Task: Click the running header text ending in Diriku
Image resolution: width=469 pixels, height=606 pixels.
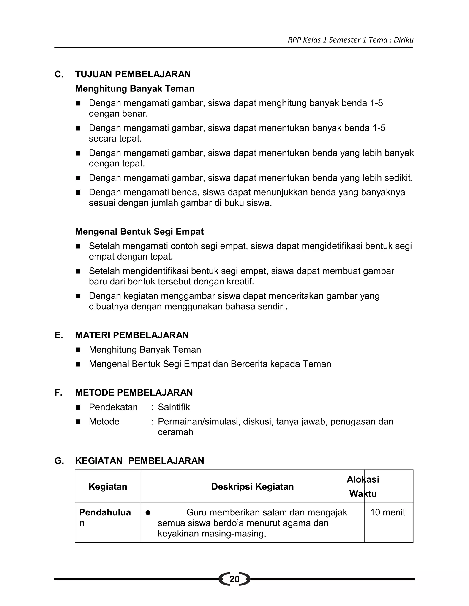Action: click(350, 40)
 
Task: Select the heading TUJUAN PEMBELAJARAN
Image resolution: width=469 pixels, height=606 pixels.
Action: click(133, 74)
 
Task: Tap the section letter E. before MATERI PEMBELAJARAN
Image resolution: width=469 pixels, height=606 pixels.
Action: click(59, 335)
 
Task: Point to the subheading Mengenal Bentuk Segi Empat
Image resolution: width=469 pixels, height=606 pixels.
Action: click(139, 231)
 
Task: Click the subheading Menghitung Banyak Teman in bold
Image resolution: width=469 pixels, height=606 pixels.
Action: click(134, 88)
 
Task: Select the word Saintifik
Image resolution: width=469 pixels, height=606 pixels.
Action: click(174, 407)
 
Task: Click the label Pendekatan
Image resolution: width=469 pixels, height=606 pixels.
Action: click(113, 407)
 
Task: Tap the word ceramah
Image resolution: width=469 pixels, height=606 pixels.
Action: click(175, 432)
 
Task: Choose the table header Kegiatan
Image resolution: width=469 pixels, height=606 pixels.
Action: click(108, 486)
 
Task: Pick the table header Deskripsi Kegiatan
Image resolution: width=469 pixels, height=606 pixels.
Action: click(252, 486)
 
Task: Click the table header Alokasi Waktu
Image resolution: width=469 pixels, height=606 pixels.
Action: click(363, 486)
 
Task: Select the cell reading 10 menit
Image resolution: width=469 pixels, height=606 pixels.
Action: click(388, 512)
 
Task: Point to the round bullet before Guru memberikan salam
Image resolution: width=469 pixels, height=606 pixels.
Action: click(148, 513)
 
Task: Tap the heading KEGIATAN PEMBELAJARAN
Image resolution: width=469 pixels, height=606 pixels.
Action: click(139, 461)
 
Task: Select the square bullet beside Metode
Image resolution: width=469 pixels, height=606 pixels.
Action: click(78, 422)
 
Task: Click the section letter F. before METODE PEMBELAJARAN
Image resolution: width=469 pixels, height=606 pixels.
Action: click(58, 393)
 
